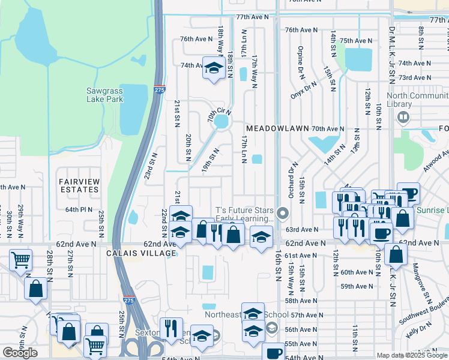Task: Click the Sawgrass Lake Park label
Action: click(x=104, y=95)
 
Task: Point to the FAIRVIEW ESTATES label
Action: click(x=78, y=185)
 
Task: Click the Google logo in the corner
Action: click(x=20, y=353)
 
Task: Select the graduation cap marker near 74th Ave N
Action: click(x=213, y=68)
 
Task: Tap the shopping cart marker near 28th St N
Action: click(x=21, y=260)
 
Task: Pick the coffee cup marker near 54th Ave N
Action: click(x=274, y=353)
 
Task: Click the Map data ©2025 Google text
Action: click(x=412, y=355)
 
